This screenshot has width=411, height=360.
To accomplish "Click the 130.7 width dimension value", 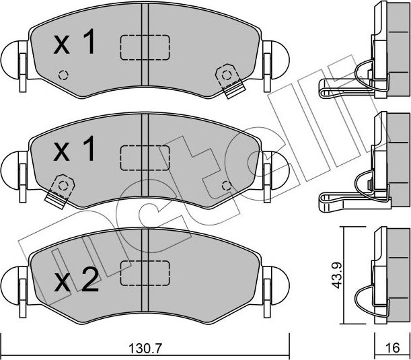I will click(x=144, y=349).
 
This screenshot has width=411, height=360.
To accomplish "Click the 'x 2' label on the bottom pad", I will click(x=75, y=279).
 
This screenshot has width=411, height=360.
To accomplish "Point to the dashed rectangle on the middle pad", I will click(x=145, y=159).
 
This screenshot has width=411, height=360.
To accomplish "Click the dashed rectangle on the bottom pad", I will click(x=145, y=273).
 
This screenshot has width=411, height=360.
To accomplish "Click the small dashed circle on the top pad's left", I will click(x=64, y=74).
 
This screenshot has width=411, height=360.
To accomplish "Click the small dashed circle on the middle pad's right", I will click(x=226, y=184).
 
